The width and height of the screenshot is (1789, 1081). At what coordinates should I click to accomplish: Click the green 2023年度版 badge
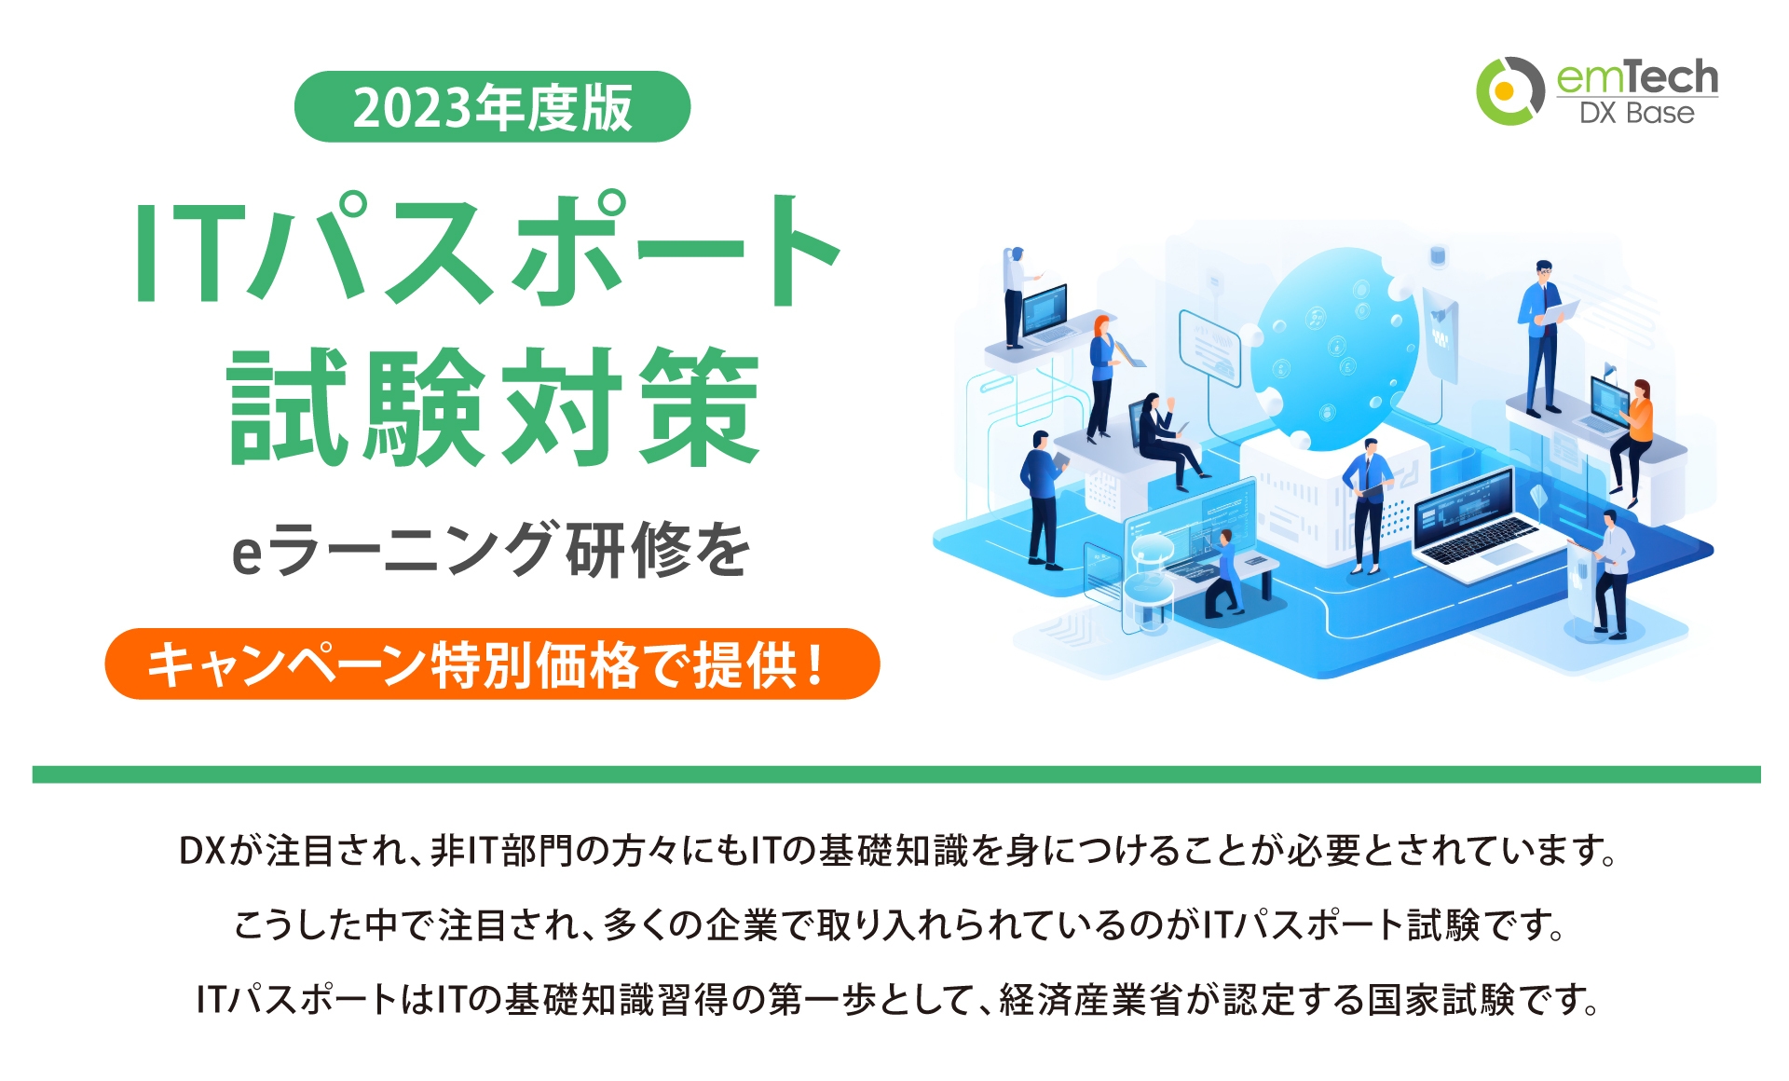tap(492, 107)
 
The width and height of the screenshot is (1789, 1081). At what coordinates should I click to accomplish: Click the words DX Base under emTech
tap(1636, 114)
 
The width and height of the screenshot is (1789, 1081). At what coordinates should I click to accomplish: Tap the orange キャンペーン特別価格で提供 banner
tap(492, 664)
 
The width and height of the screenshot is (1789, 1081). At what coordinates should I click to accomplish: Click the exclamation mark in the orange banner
tap(816, 664)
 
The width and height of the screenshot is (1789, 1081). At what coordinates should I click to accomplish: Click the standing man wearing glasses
tap(1543, 335)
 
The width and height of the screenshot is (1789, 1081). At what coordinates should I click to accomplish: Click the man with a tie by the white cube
tap(1368, 503)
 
